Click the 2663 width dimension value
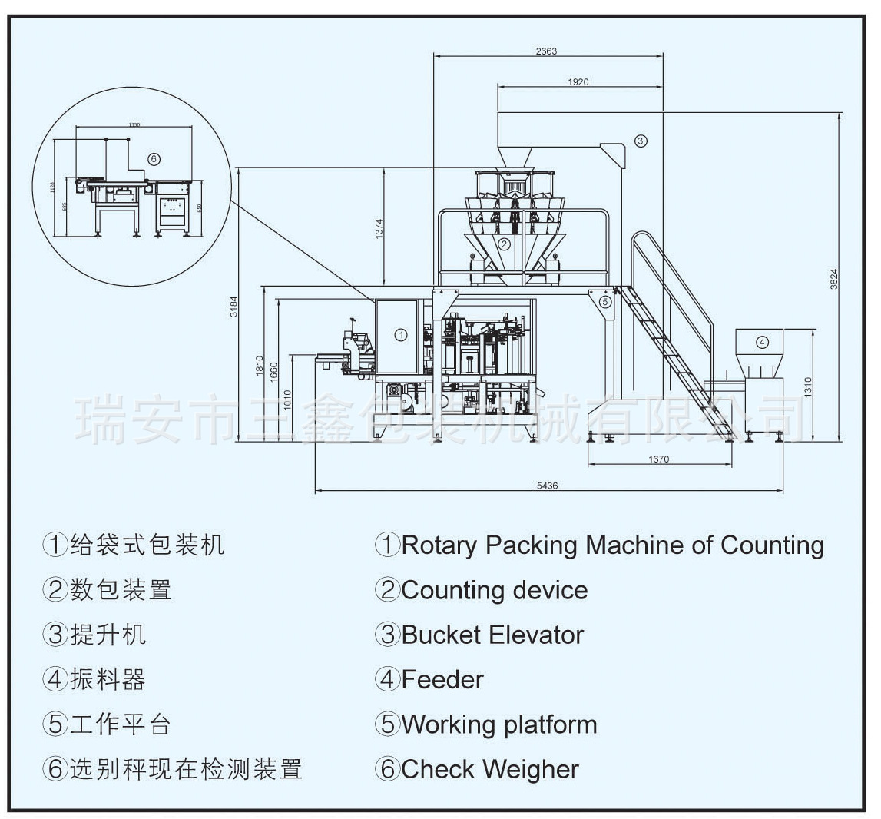[x=546, y=51]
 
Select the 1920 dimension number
[x=578, y=82]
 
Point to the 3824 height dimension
[x=834, y=279]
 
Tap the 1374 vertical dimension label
[x=379, y=229]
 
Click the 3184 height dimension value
[x=234, y=306]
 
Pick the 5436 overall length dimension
[x=547, y=486]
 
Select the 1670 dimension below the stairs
[x=658, y=459]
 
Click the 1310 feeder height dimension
[x=807, y=386]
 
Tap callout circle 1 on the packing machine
[x=401, y=334]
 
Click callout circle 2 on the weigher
[x=504, y=245]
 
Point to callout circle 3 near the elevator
[x=641, y=140]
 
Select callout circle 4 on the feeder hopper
[x=762, y=342]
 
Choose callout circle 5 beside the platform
[x=605, y=302]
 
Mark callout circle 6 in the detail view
[x=153, y=159]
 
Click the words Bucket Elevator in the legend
[x=492, y=635]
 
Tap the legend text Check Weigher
[x=490, y=769]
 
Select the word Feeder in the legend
[x=442, y=680]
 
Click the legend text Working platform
[x=499, y=724]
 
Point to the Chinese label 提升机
[x=108, y=635]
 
